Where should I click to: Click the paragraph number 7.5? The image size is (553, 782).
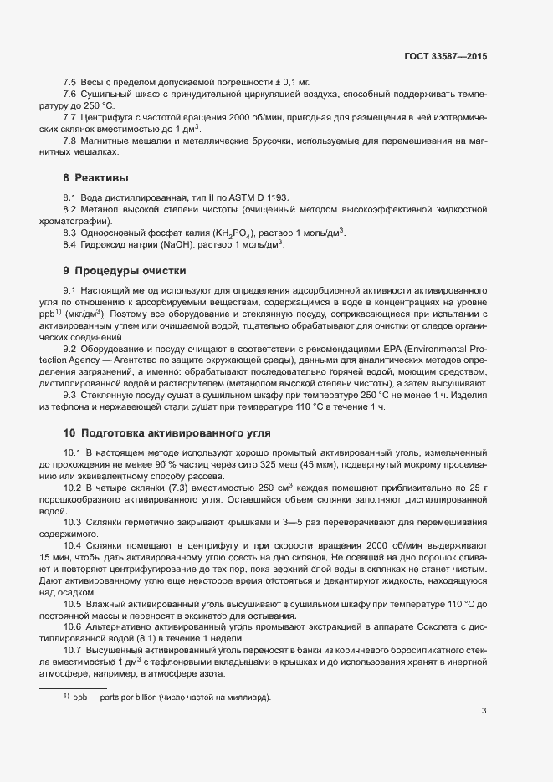tap(70, 82)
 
